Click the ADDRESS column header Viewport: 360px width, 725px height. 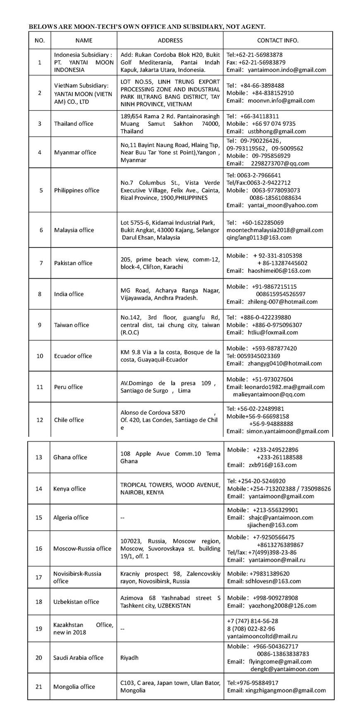pyautogui.click(x=170, y=41)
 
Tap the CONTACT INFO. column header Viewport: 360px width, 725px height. pyautogui.click(x=278, y=41)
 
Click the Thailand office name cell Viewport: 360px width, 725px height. pyautogui.click(x=74, y=124)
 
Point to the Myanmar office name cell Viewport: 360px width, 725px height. pyautogui.click(x=75, y=152)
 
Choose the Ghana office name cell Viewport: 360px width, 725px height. pyautogui.click(x=70, y=457)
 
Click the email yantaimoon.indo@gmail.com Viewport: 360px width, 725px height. pyautogui.click(x=287, y=70)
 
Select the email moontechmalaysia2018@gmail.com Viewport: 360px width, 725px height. pyautogui.click(x=275, y=230)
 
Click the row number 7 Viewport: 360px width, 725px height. pyautogui.click(x=40, y=263)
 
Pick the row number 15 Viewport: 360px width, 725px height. pyautogui.click(x=39, y=518)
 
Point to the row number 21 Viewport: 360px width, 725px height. pyautogui.click(x=39, y=686)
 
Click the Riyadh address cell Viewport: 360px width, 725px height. pyautogui.click(x=130, y=658)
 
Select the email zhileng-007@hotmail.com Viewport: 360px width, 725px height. pyautogui.click(x=283, y=302)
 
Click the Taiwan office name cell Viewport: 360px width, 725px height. pyautogui.click(x=72, y=325)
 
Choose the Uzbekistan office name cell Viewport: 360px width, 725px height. pyautogui.click(x=76, y=602)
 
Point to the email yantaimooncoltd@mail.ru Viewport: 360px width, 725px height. pyautogui.click(x=262, y=636)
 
